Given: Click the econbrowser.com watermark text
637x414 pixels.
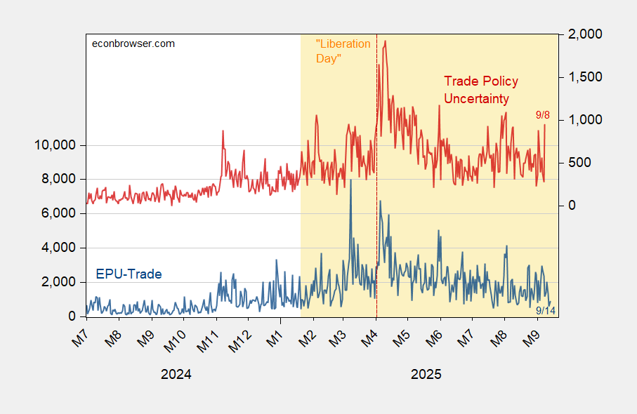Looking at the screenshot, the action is coord(133,44).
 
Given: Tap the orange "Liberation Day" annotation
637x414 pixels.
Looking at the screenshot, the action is coord(343,51).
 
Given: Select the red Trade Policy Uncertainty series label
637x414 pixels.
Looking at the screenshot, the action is coord(481,90).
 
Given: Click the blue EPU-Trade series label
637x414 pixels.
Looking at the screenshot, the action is coord(129,274).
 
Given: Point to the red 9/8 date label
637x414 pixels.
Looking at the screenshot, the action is coord(543,115).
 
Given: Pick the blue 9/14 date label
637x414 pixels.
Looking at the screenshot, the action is coord(546,311).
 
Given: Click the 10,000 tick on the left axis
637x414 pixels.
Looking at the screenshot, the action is coord(55,145).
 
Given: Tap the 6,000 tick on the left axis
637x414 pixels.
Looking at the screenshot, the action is coord(58,213).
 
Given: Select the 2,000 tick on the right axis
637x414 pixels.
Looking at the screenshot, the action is coord(585,34).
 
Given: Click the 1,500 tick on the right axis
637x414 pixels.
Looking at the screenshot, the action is coord(585,77).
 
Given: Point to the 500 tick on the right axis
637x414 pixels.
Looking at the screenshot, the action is coord(579,163).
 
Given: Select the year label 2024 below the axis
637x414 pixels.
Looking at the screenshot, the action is coord(176,374).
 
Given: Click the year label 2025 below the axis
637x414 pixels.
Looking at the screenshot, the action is coord(426,374).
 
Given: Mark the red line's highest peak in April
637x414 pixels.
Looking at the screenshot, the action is coord(385,41).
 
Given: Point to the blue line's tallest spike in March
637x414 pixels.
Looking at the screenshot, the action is coord(350,180).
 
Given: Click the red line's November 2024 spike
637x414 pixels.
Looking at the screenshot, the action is coord(223,131).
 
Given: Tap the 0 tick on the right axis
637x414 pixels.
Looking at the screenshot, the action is coord(572,206).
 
